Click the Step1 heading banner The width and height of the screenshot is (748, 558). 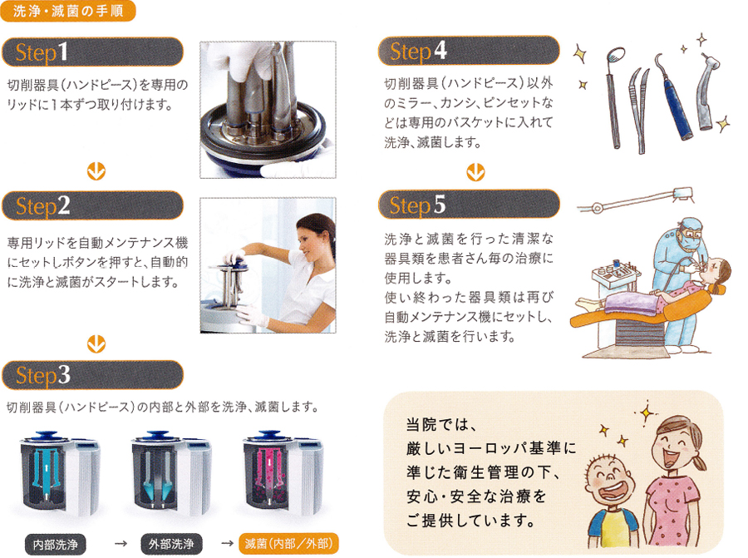click(x=92, y=52)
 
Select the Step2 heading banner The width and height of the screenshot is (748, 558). click(x=92, y=205)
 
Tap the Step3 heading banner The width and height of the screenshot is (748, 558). click(x=92, y=375)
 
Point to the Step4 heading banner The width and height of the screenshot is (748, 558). click(x=469, y=51)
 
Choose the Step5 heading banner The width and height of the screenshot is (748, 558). click(x=469, y=205)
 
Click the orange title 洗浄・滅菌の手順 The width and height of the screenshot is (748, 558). click(x=68, y=11)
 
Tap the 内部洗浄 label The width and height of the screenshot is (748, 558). click(x=56, y=544)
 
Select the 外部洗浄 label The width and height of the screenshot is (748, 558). click(x=171, y=544)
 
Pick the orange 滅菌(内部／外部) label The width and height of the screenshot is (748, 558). click(x=288, y=543)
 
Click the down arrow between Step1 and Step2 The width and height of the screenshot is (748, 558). click(x=96, y=170)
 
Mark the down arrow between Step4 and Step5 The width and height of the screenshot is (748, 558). click(x=475, y=172)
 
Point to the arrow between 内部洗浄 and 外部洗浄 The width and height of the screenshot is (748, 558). click(x=121, y=544)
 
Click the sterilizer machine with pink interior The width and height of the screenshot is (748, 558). click(x=283, y=472)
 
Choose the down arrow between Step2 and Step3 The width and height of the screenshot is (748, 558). click(x=96, y=343)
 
